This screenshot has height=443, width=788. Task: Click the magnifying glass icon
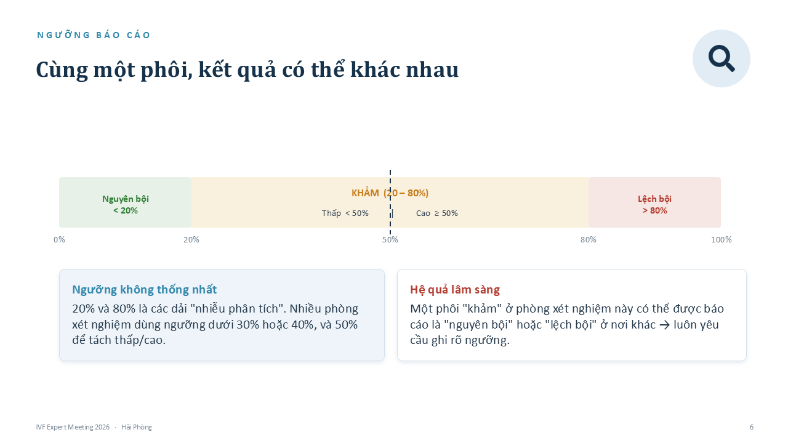coord(721,58)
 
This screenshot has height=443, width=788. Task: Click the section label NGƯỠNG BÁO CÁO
coord(94,35)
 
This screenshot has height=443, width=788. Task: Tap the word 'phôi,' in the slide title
coord(166,70)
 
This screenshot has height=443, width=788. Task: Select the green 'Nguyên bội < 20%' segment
coord(125,202)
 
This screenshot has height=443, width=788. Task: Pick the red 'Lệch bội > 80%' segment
coord(654,202)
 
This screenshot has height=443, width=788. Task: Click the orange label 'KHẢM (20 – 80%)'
coord(390,193)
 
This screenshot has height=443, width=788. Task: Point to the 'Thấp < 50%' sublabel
coord(345,213)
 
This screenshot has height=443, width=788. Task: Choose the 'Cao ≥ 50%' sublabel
coord(437,213)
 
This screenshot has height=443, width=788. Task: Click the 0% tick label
coord(59,239)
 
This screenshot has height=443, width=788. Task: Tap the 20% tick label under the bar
coord(191,239)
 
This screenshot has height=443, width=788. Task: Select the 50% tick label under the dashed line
coord(390,239)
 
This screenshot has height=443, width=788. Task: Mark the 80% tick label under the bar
coord(589,239)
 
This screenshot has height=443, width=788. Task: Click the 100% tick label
coord(721,239)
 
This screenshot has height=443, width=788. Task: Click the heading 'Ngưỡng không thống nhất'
coord(144,289)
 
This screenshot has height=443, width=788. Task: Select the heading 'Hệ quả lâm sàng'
coord(455,289)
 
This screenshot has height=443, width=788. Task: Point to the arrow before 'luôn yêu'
coord(664,325)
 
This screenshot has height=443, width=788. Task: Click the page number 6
coord(752,427)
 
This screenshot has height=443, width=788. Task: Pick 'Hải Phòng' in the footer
coord(137,427)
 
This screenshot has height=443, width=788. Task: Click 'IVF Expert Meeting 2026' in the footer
coord(73,427)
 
